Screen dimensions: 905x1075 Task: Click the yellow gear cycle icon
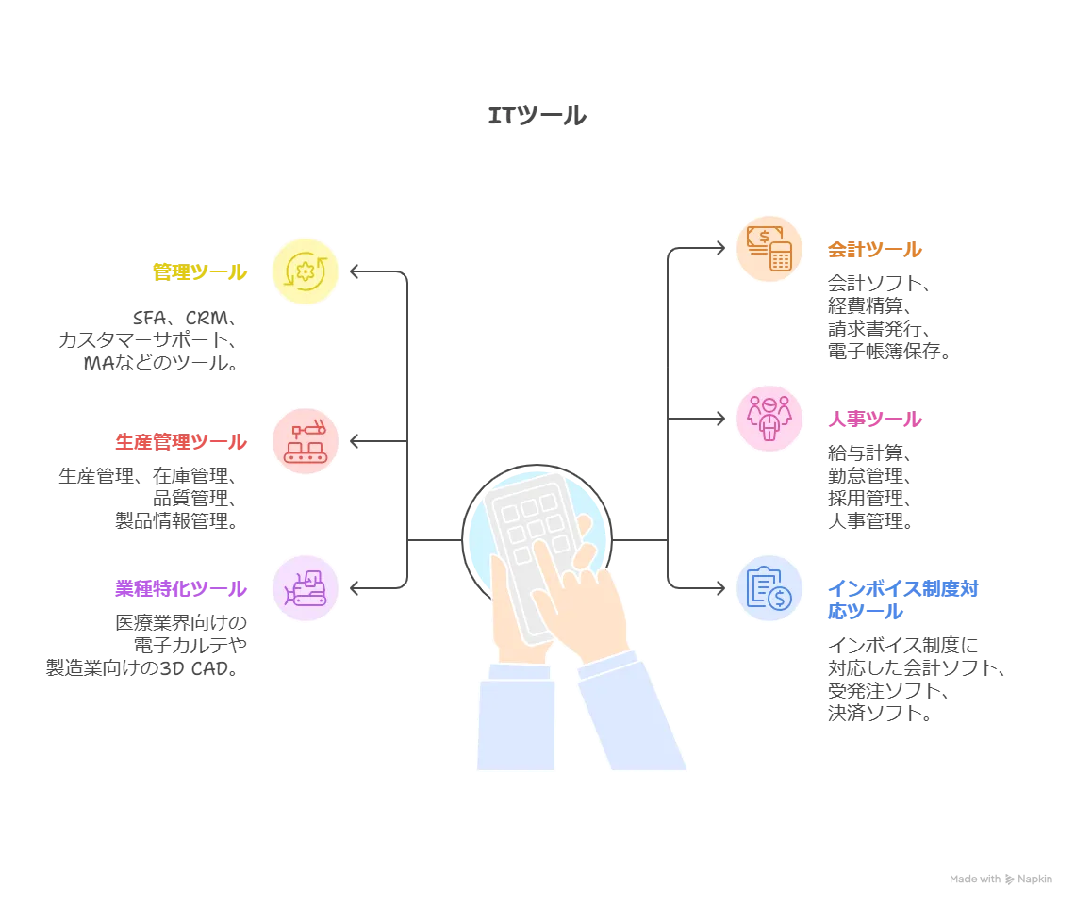point(305,271)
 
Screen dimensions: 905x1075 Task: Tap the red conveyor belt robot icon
point(305,440)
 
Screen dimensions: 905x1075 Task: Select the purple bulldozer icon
point(305,589)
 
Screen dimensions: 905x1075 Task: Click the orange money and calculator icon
point(769,249)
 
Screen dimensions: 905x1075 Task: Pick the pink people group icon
point(769,417)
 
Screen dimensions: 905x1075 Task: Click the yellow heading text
point(199,272)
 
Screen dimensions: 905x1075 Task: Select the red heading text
point(180,441)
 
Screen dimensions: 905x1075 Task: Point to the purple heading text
point(180,590)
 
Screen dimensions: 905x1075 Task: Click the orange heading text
point(875,251)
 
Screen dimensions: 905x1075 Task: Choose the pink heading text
point(875,420)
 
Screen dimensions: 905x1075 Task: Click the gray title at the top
point(535,117)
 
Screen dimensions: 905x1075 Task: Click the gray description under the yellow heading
point(151,345)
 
